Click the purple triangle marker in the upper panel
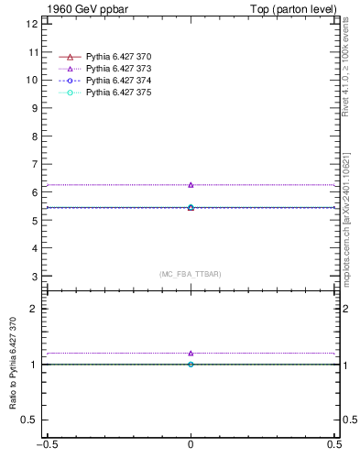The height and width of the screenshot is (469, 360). click(191, 185)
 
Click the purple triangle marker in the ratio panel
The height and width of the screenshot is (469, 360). click(191, 353)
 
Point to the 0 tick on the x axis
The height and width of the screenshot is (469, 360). click(191, 457)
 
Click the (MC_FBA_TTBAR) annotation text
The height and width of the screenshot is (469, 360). click(190, 274)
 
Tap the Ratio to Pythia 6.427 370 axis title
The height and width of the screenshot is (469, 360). click(14, 370)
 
